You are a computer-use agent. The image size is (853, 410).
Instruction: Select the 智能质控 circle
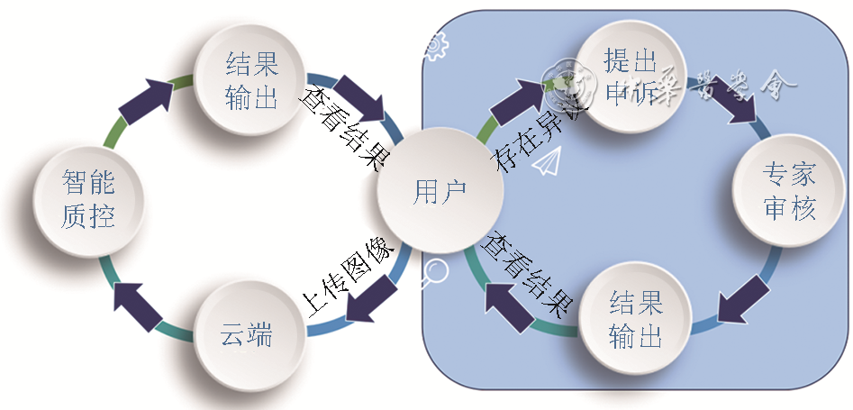[88, 200]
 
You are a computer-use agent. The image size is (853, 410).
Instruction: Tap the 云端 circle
[246, 335]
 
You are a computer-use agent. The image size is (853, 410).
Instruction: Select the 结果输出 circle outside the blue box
[251, 80]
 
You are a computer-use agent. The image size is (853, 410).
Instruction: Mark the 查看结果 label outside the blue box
[344, 128]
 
